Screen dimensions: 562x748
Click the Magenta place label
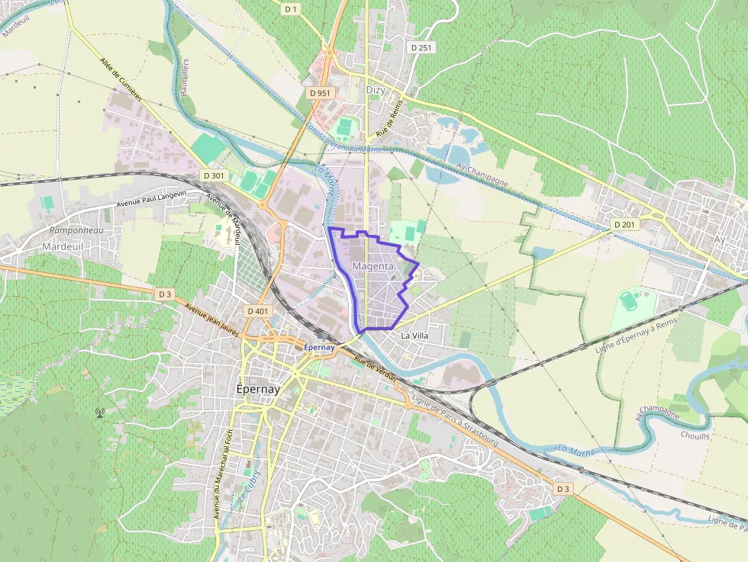pyautogui.click(x=373, y=266)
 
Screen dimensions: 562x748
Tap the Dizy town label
pyautogui.click(x=376, y=90)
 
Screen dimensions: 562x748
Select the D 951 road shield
pyautogui.click(x=320, y=92)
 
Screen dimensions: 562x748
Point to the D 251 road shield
pyautogui.click(x=421, y=47)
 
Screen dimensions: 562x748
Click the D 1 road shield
pyautogui.click(x=290, y=9)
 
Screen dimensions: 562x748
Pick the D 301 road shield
pyautogui.click(x=214, y=175)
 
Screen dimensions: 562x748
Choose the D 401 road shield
pyautogui.click(x=258, y=311)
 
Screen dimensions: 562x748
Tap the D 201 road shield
pyautogui.click(x=624, y=225)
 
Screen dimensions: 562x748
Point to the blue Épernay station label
pyautogui.click(x=320, y=347)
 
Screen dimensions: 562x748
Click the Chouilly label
pyautogui.click(x=695, y=435)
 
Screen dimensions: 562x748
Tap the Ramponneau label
pyautogui.click(x=76, y=230)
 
